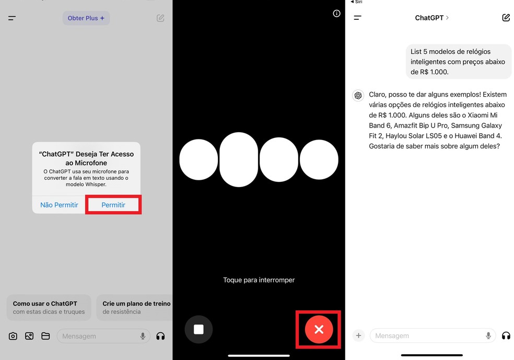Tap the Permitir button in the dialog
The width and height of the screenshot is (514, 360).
[x=113, y=205]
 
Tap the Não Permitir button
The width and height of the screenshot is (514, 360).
[x=59, y=205]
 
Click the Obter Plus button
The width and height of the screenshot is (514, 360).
[x=86, y=18]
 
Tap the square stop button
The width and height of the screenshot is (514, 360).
[x=198, y=329]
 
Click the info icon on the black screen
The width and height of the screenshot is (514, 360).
[x=336, y=14]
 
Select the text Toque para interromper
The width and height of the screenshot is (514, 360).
[x=259, y=280]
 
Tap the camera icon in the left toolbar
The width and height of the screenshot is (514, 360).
[x=13, y=336]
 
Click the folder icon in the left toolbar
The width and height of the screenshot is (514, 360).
[x=45, y=336]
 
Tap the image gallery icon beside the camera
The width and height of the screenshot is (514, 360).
[x=29, y=336]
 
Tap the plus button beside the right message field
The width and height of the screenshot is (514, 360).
[x=358, y=335]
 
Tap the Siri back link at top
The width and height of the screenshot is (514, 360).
[x=356, y=2]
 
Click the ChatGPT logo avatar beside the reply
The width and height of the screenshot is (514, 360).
[x=358, y=95]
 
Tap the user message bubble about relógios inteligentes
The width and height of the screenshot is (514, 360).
[x=458, y=62]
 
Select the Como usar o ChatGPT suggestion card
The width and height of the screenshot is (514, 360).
[x=49, y=307]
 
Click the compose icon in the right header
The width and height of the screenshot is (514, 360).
[x=506, y=18]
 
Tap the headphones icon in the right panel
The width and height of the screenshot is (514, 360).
[x=506, y=335]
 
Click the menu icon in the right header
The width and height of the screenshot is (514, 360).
[x=358, y=18]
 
